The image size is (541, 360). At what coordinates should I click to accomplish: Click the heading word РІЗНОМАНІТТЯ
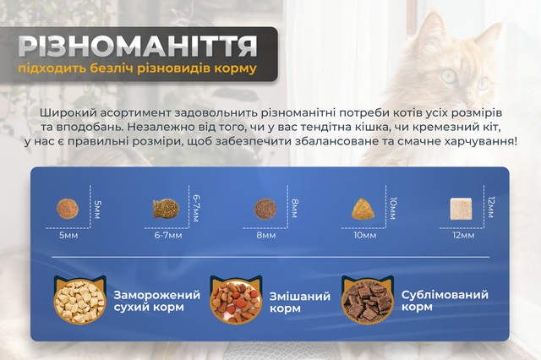138,46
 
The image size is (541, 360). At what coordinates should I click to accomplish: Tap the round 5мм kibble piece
68,209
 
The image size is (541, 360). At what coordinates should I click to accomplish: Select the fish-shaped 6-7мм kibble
166,209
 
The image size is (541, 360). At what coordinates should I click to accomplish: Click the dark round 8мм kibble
265,209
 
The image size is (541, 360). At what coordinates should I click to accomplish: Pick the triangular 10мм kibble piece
363,209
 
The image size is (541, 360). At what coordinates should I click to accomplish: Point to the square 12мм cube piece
461,209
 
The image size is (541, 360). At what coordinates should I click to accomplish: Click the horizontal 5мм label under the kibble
68,236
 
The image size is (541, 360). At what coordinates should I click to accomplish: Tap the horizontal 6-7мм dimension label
168,236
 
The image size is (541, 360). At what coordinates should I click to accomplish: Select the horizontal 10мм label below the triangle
364,236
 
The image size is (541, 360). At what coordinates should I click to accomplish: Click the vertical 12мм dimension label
492,207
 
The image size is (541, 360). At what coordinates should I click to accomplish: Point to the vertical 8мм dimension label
294,208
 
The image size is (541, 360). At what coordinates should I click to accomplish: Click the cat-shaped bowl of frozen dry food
79,300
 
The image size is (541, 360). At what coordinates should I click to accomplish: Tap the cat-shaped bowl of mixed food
236,300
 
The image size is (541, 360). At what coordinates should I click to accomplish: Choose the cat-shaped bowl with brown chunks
368,300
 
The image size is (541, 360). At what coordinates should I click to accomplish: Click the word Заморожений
157,295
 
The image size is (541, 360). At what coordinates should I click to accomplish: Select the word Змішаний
300,297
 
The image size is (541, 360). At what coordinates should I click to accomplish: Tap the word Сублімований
445,295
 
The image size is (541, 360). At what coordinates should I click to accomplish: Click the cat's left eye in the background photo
449,75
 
